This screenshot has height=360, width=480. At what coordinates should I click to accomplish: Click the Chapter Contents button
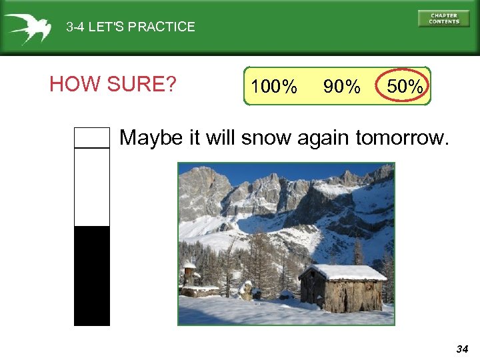[443, 19]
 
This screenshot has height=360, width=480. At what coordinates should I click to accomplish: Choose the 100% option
[274, 87]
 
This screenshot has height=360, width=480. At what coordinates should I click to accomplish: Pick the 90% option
[341, 87]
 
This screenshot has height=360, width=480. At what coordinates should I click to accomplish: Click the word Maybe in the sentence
[151, 138]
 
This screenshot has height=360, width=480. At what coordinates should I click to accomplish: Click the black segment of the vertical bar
[91, 275]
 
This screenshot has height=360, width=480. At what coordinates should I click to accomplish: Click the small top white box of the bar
[91, 137]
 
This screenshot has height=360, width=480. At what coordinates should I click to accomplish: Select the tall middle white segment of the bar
[91, 187]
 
